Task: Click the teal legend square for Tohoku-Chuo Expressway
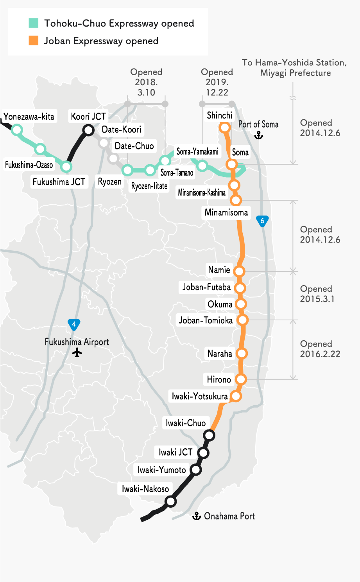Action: click(x=34, y=23)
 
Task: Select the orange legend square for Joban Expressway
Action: click(x=34, y=41)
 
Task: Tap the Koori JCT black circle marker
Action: click(x=89, y=130)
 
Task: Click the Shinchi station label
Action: click(x=219, y=115)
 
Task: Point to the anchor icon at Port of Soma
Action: click(x=259, y=135)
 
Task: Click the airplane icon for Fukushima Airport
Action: click(x=77, y=353)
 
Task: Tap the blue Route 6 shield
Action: click(x=262, y=221)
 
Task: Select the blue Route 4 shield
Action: click(x=74, y=324)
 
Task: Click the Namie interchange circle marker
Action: click(x=239, y=271)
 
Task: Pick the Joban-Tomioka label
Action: click(x=206, y=320)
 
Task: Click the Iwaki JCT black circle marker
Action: click(x=203, y=453)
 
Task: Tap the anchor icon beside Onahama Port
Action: click(x=197, y=516)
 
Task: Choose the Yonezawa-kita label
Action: click(x=29, y=117)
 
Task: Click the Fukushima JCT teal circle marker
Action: click(x=66, y=167)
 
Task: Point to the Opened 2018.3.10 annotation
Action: click(x=146, y=82)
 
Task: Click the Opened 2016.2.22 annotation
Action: click(x=320, y=349)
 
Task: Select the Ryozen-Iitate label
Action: click(x=149, y=186)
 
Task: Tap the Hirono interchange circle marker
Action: click(x=241, y=379)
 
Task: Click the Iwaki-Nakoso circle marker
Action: click(x=170, y=501)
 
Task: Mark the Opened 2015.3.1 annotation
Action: click(x=317, y=294)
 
